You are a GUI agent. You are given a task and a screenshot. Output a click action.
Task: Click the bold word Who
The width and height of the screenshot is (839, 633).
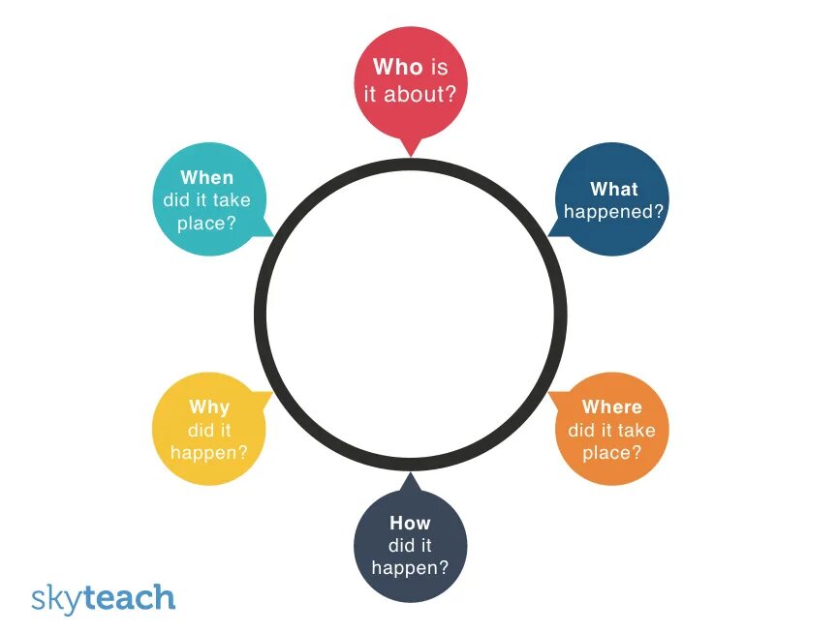tap(397, 68)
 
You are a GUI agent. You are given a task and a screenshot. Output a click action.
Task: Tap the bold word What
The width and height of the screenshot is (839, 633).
tap(614, 189)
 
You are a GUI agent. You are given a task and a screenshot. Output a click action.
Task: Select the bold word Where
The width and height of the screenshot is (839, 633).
tap(611, 407)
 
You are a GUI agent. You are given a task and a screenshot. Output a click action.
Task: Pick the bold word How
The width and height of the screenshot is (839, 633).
tap(410, 523)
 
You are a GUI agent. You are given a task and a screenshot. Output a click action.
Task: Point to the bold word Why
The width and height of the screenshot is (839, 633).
tap(209, 407)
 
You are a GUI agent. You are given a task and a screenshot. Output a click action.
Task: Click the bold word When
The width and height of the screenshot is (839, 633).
tap(207, 178)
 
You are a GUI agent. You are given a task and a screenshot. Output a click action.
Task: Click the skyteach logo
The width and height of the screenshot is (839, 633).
tap(103, 597)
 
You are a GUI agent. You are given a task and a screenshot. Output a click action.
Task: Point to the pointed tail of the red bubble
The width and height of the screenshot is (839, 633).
tap(411, 148)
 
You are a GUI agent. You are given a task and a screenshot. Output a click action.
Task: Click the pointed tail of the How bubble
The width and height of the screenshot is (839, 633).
tap(410, 480)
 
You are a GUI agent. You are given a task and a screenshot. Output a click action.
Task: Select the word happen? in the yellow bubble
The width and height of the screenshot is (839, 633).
tap(209, 452)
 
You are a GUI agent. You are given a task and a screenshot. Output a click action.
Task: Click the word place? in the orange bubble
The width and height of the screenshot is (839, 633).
tap(611, 452)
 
